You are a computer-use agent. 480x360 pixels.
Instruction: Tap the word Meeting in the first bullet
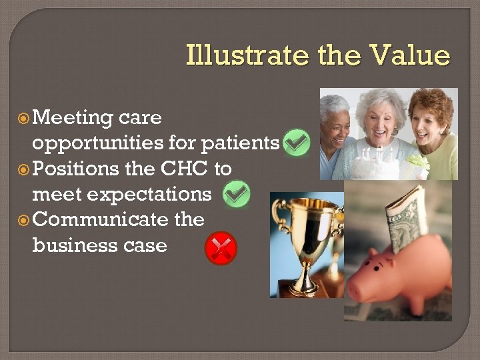[x=73, y=118]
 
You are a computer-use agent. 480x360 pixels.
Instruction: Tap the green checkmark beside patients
[x=296, y=143]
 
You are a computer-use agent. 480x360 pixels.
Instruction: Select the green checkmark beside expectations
[x=237, y=194]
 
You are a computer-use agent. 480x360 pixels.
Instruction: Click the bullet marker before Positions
[x=23, y=169]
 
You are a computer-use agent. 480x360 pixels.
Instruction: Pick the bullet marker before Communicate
[x=23, y=220]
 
